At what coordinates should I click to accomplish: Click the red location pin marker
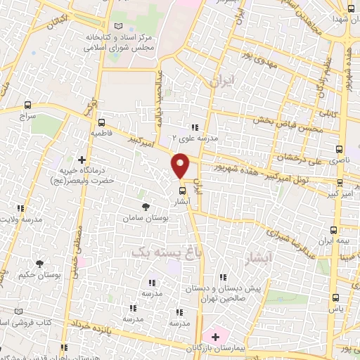[x=181, y=165]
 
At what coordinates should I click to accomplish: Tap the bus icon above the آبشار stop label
[x=182, y=190]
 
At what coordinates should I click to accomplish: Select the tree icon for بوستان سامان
[x=146, y=207]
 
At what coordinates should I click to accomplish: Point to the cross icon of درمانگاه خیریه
[x=84, y=160]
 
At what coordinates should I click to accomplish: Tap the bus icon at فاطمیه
[x=101, y=121]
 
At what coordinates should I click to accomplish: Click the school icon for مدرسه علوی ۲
[x=195, y=127]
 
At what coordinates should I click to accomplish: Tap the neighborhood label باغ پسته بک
[x=162, y=250]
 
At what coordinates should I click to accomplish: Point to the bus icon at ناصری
[x=340, y=149]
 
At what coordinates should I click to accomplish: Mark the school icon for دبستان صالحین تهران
[x=224, y=277]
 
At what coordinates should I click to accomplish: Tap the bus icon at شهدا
[x=351, y=9]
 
